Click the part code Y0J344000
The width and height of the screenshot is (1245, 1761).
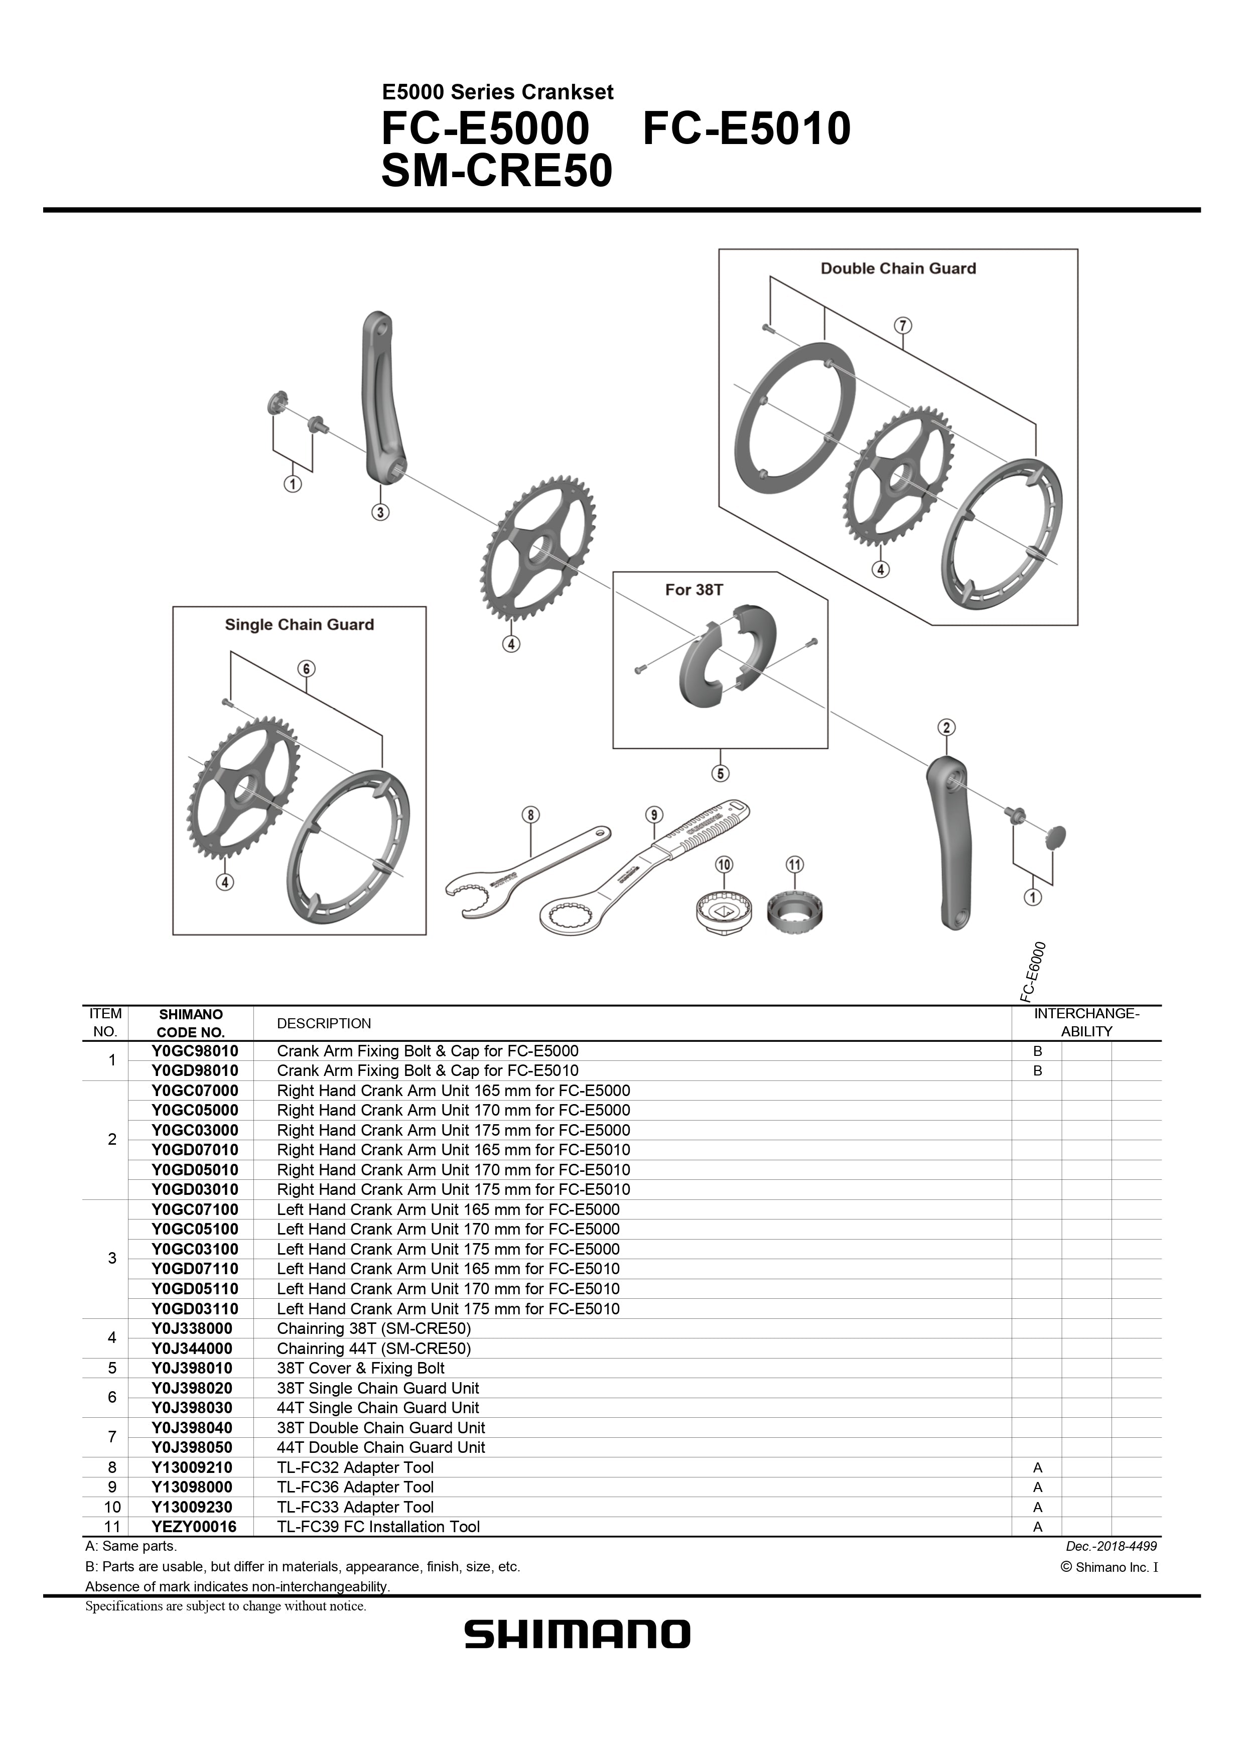click(x=192, y=1348)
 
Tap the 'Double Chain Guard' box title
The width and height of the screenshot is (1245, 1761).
click(x=898, y=268)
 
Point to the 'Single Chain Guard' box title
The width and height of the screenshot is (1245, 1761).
click(x=299, y=625)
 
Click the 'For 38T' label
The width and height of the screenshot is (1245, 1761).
click(x=694, y=590)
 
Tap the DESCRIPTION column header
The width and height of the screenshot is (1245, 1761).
click(x=323, y=1023)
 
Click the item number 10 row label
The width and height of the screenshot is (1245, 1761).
click(x=112, y=1507)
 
